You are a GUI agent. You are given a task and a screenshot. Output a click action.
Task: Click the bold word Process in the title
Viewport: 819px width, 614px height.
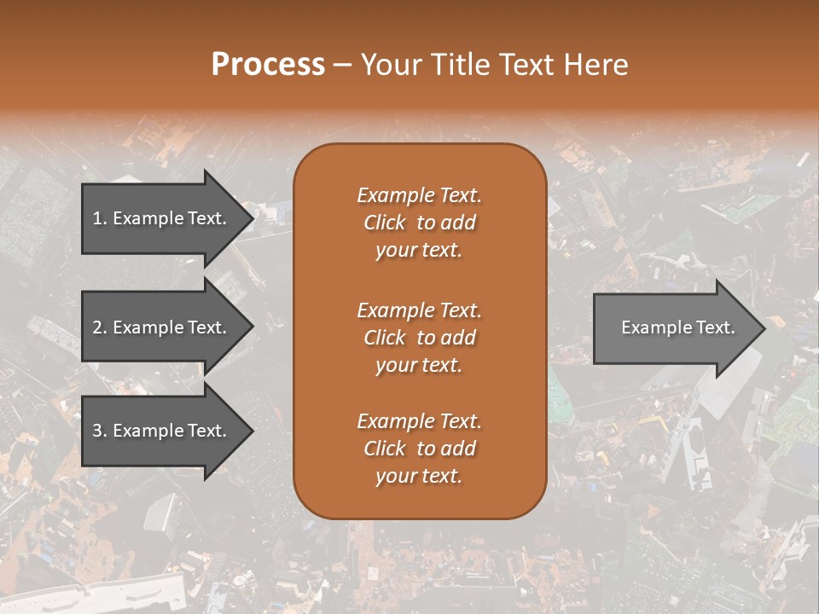point(268,65)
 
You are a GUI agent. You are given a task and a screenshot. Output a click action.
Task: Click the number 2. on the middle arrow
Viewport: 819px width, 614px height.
point(100,327)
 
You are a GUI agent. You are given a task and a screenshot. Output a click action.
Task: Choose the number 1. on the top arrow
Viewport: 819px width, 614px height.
point(100,218)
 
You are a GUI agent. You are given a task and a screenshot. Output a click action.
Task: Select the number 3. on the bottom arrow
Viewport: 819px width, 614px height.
point(100,431)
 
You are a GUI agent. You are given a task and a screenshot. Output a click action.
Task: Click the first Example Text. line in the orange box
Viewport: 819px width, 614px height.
point(419,195)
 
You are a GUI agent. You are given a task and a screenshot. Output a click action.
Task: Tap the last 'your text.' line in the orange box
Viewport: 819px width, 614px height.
point(419,476)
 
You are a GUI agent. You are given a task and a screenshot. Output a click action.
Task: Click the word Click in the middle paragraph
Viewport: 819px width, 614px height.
point(384,338)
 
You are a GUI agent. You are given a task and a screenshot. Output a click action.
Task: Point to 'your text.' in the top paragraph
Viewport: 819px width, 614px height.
point(419,250)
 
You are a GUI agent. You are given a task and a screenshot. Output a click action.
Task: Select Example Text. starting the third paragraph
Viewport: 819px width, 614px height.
point(419,421)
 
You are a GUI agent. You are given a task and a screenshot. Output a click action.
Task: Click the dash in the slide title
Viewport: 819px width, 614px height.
point(342,66)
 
